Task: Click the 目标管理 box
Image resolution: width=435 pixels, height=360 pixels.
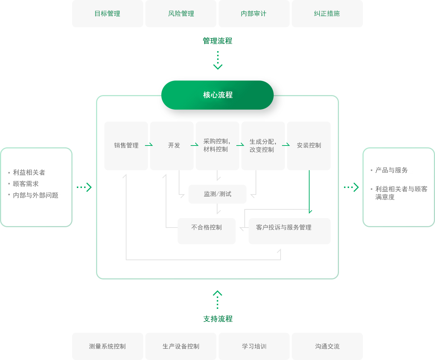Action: [107, 14]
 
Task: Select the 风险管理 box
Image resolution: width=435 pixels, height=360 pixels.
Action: [181, 14]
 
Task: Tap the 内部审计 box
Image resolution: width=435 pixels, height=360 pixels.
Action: [254, 14]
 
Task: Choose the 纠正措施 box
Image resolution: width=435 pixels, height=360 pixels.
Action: [327, 14]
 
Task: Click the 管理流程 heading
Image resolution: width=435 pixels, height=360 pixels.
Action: [217, 41]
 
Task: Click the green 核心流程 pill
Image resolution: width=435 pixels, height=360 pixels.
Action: [217, 95]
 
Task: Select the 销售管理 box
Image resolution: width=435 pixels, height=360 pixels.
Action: [126, 146]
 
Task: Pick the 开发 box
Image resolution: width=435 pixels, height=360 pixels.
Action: [172, 146]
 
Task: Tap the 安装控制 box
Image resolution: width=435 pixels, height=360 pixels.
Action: [309, 146]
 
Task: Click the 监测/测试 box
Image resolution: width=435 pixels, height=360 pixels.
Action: [217, 194]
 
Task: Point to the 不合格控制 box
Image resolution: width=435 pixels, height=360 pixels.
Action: [207, 231]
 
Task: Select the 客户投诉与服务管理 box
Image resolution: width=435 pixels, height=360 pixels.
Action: [289, 231]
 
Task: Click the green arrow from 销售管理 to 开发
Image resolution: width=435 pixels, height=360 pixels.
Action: [149, 145]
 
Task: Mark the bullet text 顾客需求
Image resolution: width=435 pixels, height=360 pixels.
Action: [26, 184]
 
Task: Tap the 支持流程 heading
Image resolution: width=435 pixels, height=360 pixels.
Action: [218, 319]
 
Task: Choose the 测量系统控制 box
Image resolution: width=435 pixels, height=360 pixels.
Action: [107, 346]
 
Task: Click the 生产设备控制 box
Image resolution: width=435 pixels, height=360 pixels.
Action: [181, 346]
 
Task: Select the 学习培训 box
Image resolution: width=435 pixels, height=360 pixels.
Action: [254, 346]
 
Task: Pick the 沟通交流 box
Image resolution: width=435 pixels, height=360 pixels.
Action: [327, 346]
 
